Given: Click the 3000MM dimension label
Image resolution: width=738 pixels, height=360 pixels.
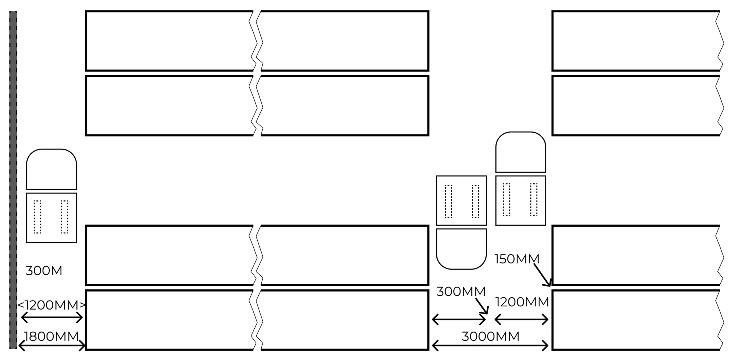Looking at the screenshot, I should (490, 337).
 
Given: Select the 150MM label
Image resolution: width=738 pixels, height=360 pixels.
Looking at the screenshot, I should (517, 259).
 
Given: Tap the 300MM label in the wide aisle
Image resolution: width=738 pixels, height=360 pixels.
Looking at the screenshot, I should (461, 292).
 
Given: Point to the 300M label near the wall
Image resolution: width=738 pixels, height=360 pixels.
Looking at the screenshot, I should (44, 271).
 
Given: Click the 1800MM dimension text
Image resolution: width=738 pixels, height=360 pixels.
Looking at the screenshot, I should (51, 337).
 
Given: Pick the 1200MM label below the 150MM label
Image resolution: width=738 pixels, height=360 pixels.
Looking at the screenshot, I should (522, 302).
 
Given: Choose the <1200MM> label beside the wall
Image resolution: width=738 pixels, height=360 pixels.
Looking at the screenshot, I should (52, 305).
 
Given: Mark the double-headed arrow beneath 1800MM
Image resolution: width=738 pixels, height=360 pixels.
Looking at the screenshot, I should (52, 346).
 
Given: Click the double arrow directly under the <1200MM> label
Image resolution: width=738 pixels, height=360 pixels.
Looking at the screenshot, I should (52, 317).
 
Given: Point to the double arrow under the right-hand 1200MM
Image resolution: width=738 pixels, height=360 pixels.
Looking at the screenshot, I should (521, 319).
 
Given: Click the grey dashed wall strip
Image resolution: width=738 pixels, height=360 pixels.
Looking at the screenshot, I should (13, 180).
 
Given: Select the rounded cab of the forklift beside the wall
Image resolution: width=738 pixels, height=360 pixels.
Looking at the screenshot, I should (52, 169).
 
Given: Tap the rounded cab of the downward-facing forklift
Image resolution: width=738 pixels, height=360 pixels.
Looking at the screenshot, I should (461, 249).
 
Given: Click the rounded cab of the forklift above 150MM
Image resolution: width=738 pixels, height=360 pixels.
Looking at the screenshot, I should (521, 152).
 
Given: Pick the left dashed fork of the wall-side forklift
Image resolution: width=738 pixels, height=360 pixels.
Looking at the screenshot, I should (37, 217).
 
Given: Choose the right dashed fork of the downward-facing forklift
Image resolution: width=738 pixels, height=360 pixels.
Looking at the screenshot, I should (476, 201).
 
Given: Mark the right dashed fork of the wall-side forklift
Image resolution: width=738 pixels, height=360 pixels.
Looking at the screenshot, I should (65, 217).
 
